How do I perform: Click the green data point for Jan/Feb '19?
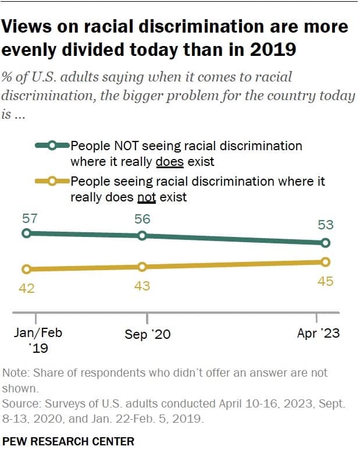click(x=26, y=233)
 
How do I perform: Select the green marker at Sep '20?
click(x=142, y=236)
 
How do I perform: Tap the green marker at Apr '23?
click(x=326, y=243)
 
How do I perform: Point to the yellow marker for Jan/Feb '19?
click(x=26, y=269)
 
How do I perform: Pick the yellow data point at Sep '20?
click(x=142, y=267)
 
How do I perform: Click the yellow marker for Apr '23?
click(x=326, y=261)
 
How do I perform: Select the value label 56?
click(x=142, y=220)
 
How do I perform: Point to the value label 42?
click(x=27, y=288)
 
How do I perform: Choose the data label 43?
click(x=142, y=285)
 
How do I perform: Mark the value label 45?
click(x=325, y=281)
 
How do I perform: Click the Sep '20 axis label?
click(x=148, y=335)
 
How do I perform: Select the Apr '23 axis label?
click(x=318, y=334)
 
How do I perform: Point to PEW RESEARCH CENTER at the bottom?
click(x=69, y=441)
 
